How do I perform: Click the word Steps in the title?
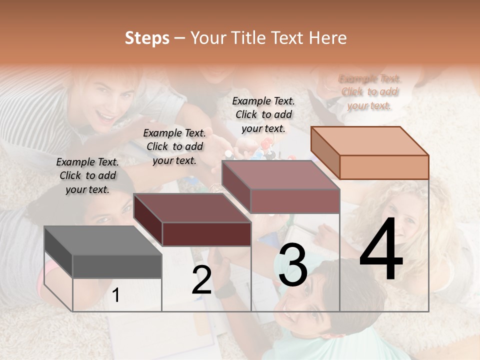click(147, 38)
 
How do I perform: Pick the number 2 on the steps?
click(201, 280)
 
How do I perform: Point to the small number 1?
click(116, 295)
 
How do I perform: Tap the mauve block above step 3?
click(280, 175)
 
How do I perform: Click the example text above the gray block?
click(87, 175)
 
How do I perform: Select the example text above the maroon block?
click(174, 146)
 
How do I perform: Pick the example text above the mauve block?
click(263, 114)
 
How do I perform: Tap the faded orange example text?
click(369, 92)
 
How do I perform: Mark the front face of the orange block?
click(384, 167)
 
